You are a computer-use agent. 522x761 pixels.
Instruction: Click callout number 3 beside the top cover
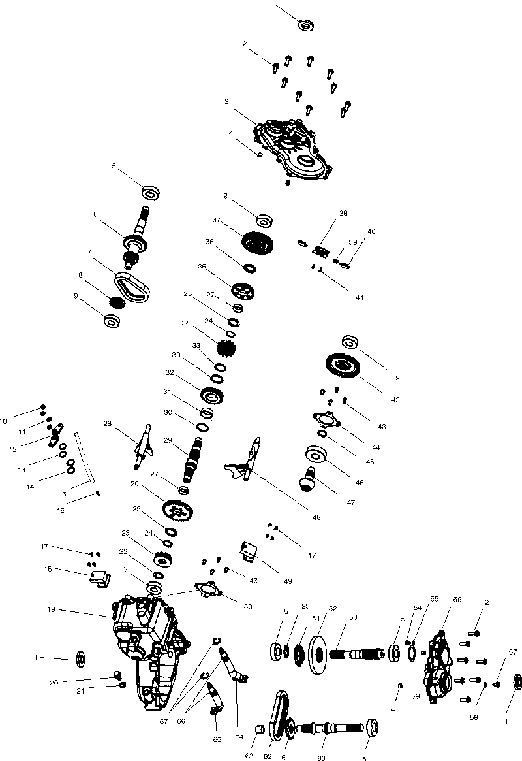coord(226,102)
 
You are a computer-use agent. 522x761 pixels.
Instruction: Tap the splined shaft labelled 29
coord(194,458)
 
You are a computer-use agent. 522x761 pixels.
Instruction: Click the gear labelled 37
coord(257,244)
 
